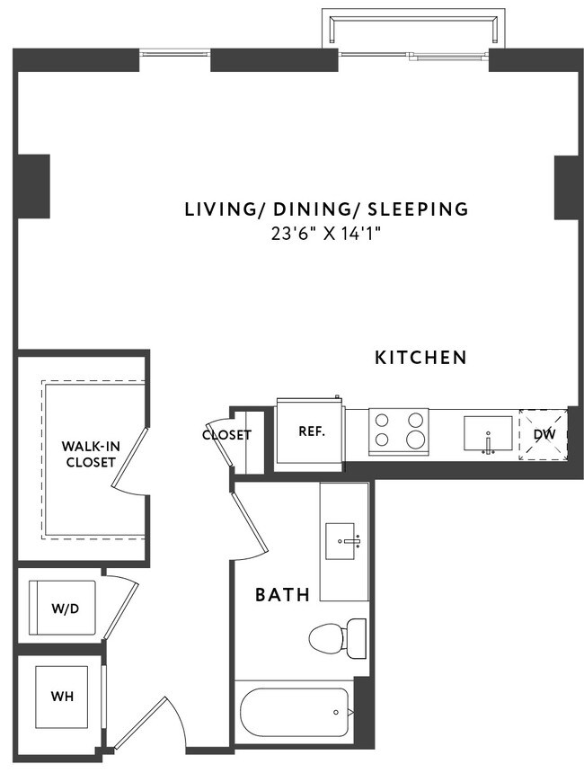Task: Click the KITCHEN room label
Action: point(420,358)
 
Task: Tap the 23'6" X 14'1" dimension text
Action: point(326,235)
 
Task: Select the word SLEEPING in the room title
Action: point(418,209)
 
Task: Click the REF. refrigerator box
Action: point(311,431)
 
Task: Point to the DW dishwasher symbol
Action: point(544,434)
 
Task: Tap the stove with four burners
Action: point(399,429)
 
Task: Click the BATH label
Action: point(283,594)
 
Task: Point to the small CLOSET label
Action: point(226,435)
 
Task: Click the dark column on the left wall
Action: point(32,187)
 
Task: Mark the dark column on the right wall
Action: point(567,187)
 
